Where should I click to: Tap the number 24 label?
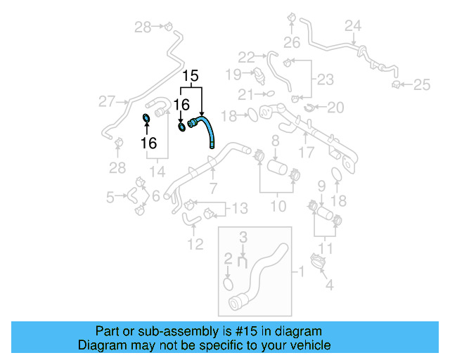[353, 26]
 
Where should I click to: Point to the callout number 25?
[421, 85]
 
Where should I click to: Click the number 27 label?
[106, 102]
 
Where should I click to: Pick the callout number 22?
[246, 57]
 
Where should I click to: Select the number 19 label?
[233, 74]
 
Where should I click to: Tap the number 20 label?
[335, 108]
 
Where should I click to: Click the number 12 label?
[195, 244]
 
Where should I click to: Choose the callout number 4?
[328, 285]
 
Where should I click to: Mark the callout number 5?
[110, 198]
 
